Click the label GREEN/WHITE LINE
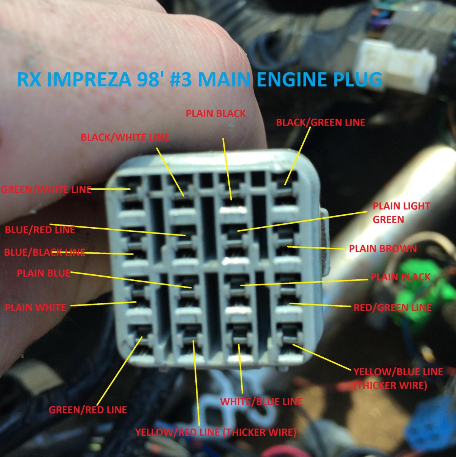[46, 190]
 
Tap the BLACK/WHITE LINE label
[125, 137]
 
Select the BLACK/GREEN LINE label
[320, 123]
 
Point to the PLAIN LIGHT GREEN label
[401, 213]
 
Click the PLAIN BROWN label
[383, 248]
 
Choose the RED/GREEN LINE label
[393, 307]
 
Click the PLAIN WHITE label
[36, 307]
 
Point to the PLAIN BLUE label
[44, 274]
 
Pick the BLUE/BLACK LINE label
[45, 252]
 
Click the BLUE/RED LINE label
[40, 230]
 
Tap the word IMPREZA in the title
[89, 80]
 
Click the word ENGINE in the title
[292, 80]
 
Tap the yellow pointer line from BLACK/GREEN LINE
[298, 156]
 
